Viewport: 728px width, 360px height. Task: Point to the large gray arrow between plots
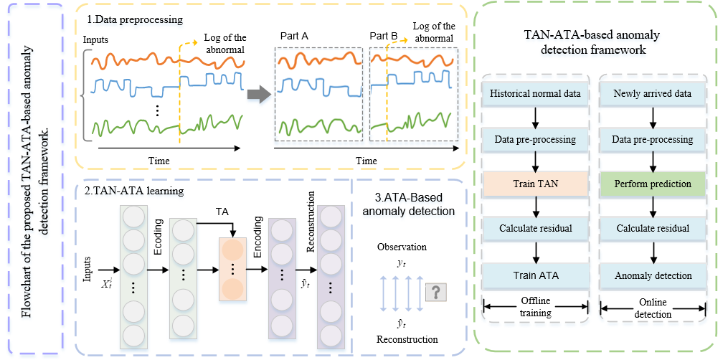tap(258, 93)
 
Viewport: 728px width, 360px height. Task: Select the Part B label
tap(384, 35)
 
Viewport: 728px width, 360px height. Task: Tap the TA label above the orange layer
tap(222, 212)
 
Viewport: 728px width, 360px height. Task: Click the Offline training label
tap(536, 308)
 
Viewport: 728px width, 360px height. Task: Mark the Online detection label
tap(653, 308)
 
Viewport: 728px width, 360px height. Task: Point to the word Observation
tap(402, 247)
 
